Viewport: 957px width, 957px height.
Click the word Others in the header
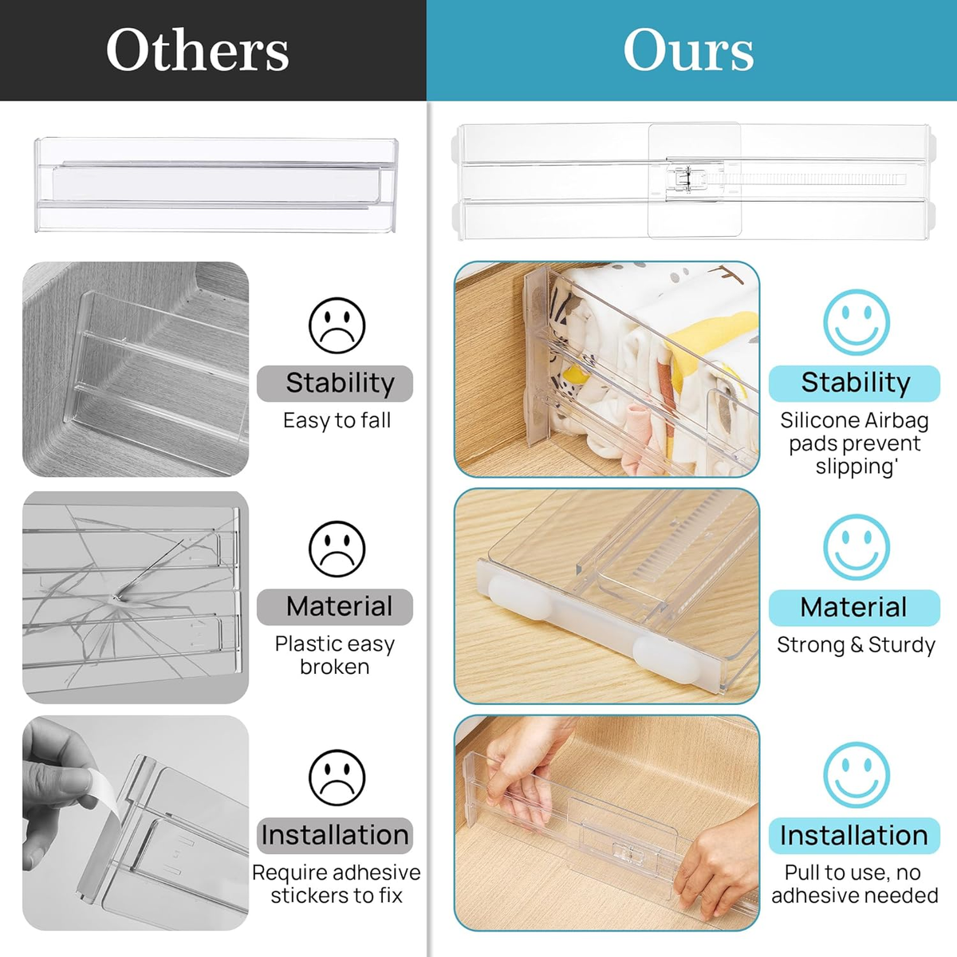click(197, 50)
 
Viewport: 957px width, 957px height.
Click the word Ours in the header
click(688, 50)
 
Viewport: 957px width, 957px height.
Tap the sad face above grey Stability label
click(337, 325)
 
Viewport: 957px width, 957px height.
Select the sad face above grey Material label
click(337, 549)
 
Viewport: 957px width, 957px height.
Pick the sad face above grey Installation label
click(337, 778)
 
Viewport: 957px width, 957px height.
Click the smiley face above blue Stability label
click(856, 322)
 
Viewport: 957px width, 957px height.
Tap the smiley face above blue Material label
click(856, 547)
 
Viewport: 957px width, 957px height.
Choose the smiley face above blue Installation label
click(856, 775)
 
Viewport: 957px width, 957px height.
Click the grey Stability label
click(336, 384)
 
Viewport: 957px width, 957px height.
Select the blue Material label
click(854, 608)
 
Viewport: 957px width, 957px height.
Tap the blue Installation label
click(854, 836)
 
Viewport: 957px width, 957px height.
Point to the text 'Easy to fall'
click(337, 420)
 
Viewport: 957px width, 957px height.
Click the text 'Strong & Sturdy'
click(856, 644)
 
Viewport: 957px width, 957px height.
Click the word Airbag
click(897, 420)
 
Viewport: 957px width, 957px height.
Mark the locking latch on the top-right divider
click(682, 179)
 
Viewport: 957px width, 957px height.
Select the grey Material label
click(336, 607)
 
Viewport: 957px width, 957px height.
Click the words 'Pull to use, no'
click(853, 872)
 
